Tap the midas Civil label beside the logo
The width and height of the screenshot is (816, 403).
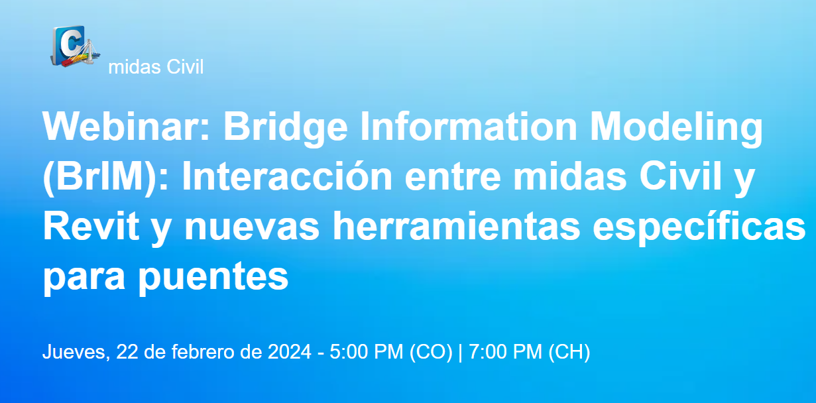click(x=155, y=67)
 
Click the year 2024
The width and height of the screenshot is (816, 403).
click(x=289, y=353)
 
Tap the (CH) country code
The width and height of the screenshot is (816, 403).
click(x=568, y=353)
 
